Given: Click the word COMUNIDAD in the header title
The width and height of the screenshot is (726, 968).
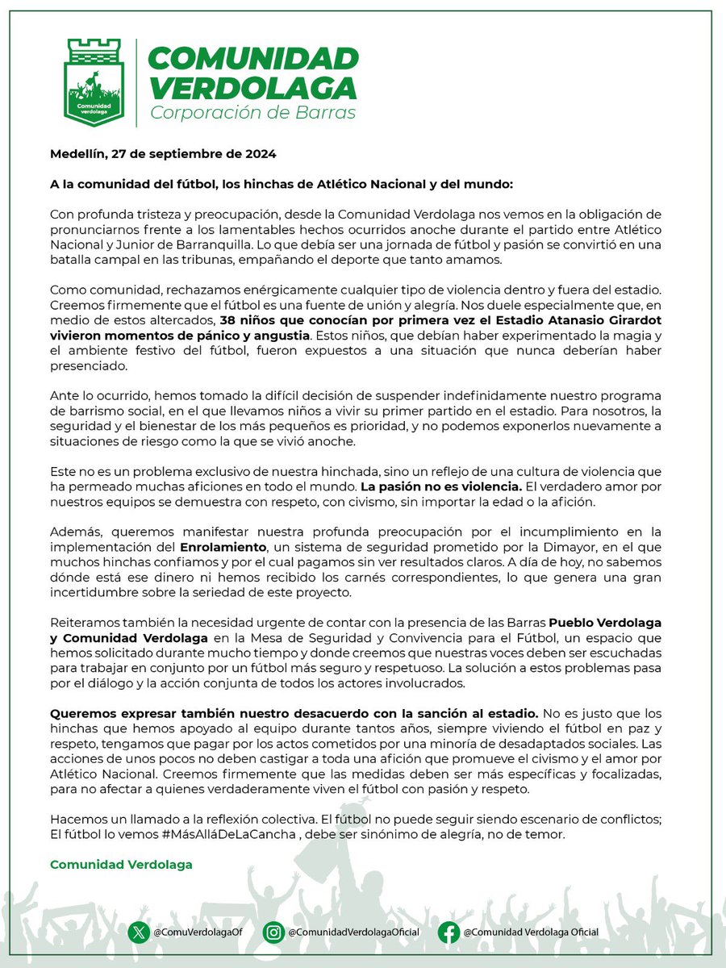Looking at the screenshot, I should tap(254, 59).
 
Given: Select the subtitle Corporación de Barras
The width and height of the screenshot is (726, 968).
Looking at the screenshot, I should tap(252, 112).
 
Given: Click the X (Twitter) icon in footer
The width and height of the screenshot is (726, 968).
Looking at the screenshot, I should tap(140, 933).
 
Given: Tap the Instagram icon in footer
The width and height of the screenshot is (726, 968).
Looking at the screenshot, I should tap(273, 933).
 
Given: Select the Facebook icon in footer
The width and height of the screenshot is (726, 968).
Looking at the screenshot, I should tap(450, 933).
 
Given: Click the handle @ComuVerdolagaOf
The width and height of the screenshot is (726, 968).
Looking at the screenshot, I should tap(198, 933).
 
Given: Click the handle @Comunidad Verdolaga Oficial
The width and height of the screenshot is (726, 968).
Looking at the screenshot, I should tap(531, 933).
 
